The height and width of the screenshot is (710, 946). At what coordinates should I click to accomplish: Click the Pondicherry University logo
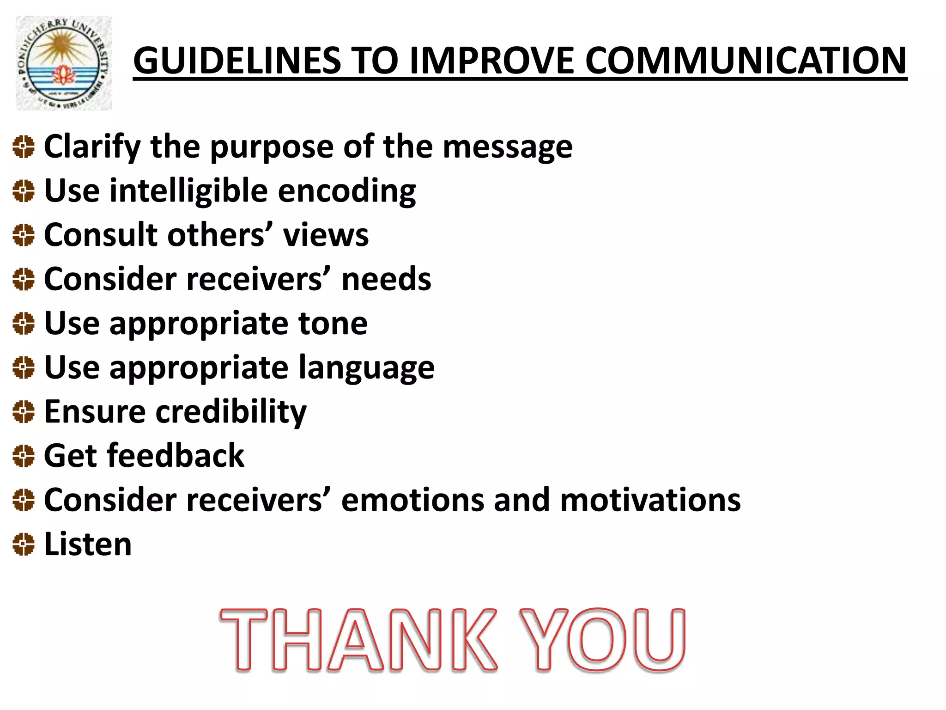(x=64, y=63)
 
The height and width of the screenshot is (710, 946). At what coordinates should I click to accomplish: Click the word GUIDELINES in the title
(x=236, y=61)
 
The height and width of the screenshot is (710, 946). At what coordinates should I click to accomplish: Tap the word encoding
(x=347, y=191)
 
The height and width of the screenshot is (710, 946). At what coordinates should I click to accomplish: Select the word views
(x=326, y=235)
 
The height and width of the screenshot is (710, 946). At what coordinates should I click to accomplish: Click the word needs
(x=386, y=279)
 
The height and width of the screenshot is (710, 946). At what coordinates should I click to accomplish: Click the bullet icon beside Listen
(x=24, y=544)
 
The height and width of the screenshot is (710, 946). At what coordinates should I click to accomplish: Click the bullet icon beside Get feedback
(x=24, y=456)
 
